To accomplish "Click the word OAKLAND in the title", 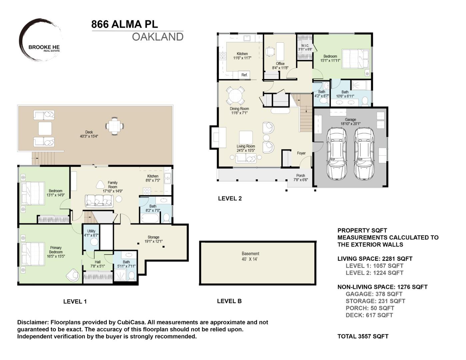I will (157, 37).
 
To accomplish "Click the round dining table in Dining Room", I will (235, 96).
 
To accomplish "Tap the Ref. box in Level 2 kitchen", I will (244, 75).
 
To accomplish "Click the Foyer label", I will (301, 153).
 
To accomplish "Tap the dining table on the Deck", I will (114, 126).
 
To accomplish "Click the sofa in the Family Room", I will (99, 201).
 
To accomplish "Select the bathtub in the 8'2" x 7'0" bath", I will (150, 218).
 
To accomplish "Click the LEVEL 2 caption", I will (230, 198).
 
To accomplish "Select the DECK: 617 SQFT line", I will (369, 315).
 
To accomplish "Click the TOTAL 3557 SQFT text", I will (363, 336).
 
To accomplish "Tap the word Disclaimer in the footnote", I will (33, 322).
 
